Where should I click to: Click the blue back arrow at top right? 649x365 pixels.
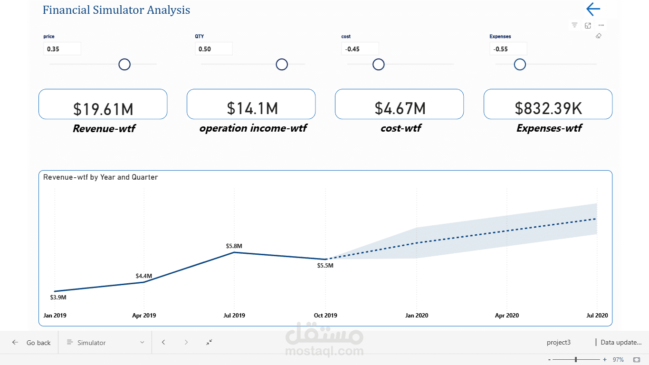[593, 9]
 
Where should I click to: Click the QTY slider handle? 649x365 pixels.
[282, 64]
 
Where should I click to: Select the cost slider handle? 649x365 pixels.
[378, 64]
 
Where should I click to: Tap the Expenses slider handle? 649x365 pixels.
[520, 64]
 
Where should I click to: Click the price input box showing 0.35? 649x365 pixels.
[62, 49]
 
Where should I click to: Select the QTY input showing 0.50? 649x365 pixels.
[213, 49]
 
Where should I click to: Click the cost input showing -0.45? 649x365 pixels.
[360, 49]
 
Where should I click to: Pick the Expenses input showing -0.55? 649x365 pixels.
[508, 49]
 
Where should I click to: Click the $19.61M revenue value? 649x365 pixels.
[103, 109]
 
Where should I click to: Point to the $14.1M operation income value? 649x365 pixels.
[252, 108]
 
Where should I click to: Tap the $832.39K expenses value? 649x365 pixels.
[548, 108]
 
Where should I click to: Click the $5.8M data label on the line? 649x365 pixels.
[234, 246]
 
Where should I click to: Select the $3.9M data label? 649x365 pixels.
[58, 298]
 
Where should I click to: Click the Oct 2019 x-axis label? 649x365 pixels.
[325, 316]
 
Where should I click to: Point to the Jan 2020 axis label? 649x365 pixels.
[416, 316]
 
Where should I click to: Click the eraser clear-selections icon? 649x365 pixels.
[598, 36]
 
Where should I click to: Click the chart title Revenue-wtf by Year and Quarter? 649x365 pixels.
[100, 177]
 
